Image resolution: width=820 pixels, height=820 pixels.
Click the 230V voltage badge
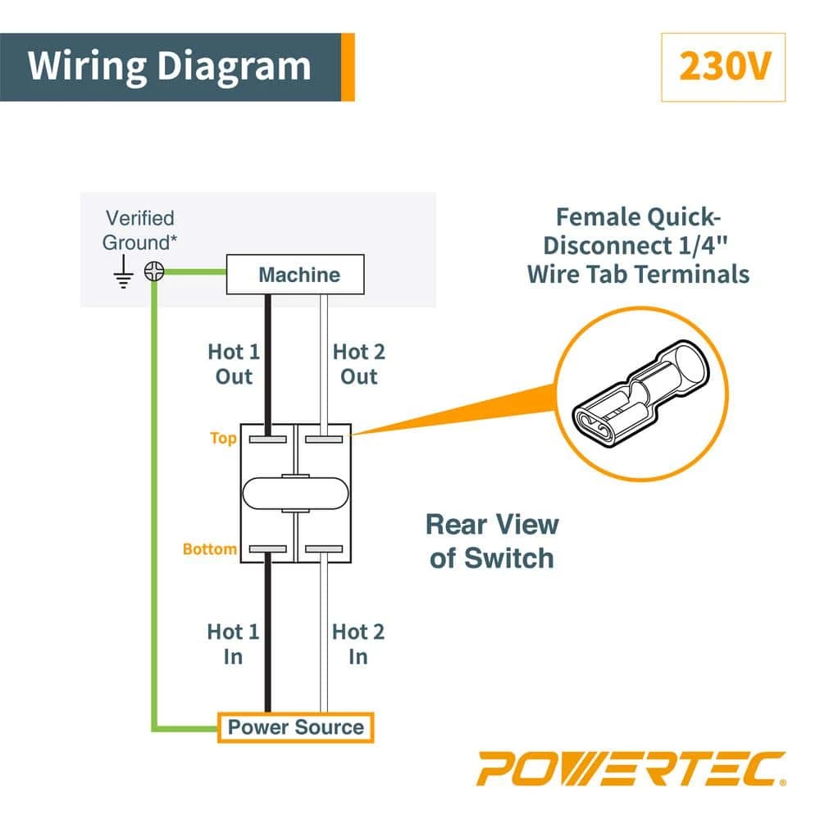(x=722, y=67)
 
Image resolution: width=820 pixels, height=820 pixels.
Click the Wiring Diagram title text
(x=170, y=66)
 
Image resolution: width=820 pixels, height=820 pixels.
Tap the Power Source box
(x=295, y=727)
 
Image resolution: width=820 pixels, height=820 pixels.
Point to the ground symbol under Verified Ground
(x=124, y=275)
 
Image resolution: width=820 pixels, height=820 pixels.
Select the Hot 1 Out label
(x=233, y=364)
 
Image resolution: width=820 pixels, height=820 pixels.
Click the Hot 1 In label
(x=233, y=644)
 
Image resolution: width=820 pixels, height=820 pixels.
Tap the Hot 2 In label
(x=358, y=644)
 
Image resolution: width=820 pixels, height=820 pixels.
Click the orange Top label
(x=223, y=438)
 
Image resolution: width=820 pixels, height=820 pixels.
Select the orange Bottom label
(x=210, y=549)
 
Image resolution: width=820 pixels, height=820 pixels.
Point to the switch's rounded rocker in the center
(x=295, y=493)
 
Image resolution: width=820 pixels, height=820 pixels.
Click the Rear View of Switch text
(x=493, y=541)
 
